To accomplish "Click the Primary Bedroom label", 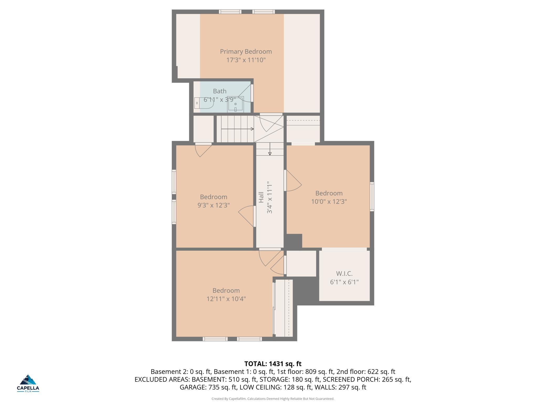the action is pos(246,52).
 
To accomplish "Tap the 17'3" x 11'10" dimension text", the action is pos(246,60).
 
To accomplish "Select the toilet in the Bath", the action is pos(204,103).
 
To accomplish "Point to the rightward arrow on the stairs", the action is pos(238,129).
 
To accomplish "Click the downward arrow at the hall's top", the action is pos(270,149).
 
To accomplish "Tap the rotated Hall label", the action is pos(261,197).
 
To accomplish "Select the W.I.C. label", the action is pos(344,274).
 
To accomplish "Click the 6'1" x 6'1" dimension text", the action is pos(344,282).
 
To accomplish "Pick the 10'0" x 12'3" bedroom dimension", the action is pos(329,202).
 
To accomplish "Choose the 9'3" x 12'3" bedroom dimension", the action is pos(213,205).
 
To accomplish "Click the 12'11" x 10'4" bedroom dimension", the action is pos(226,299).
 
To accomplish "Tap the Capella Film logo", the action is pos(28,383).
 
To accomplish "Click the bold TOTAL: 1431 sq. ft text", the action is pos(273,364).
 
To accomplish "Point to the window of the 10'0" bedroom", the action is pos(372,197).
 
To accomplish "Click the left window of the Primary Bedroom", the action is pos(230,12).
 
